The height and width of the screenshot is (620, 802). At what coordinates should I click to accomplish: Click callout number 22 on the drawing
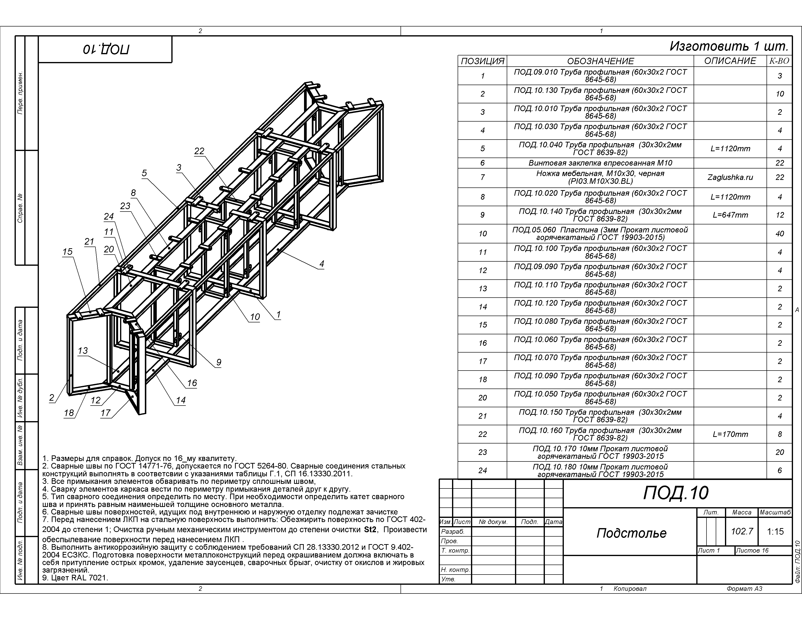(199, 151)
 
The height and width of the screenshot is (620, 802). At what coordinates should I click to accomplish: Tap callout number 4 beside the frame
(322, 264)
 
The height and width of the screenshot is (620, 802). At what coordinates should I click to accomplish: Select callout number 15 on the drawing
(67, 252)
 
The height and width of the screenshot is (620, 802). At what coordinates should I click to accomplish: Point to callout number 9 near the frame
(218, 362)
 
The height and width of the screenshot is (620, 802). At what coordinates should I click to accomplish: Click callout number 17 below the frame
(105, 413)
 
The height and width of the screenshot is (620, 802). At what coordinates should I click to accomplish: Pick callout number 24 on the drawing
(109, 216)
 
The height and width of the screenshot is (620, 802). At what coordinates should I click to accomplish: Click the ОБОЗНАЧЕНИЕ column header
(600, 61)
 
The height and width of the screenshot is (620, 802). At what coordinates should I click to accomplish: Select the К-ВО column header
(779, 61)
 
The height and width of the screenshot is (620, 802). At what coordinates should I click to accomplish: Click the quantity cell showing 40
(780, 234)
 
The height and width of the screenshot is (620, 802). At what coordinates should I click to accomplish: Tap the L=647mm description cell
(730, 215)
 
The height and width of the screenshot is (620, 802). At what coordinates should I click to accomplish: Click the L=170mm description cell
(730, 434)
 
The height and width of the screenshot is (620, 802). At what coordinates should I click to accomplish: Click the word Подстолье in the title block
(631, 533)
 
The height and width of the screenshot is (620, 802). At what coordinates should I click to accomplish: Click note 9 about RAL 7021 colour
(75, 578)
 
